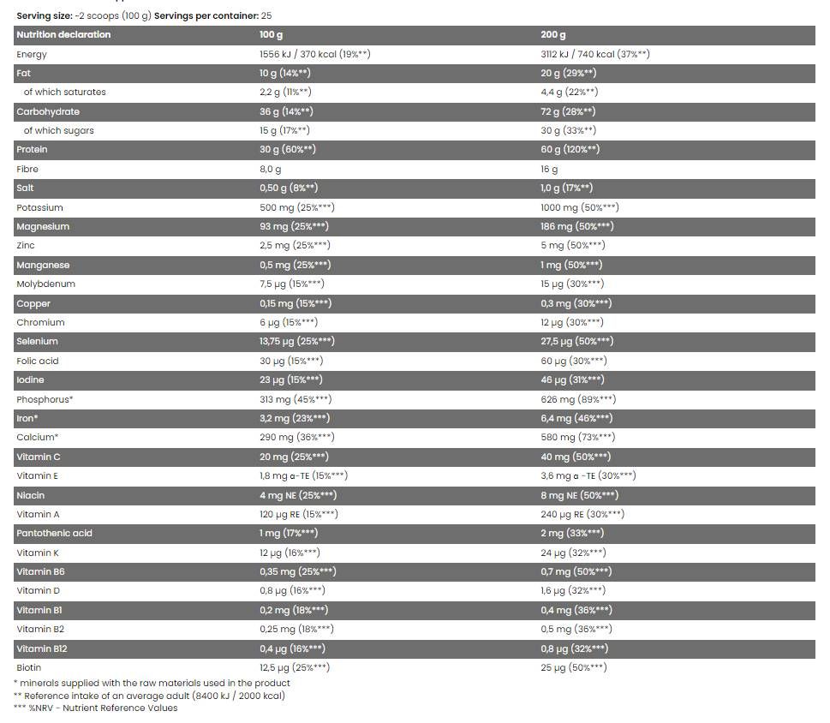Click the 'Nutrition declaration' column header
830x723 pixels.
pyautogui.click(x=63, y=35)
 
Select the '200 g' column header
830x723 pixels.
pyautogui.click(x=553, y=35)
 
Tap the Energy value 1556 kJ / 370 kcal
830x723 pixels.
pyautogui.click(x=314, y=54)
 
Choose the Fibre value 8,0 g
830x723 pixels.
pyautogui.click(x=270, y=170)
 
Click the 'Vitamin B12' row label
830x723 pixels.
pyautogui.click(x=41, y=648)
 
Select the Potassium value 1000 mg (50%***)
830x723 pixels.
pyautogui.click(x=580, y=207)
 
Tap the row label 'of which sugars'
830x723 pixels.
pyautogui.click(x=58, y=130)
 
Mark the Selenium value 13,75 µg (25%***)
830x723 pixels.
pyautogui.click(x=297, y=341)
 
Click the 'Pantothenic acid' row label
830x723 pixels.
pyautogui.click(x=54, y=533)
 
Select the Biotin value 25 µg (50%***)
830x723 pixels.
pyautogui.click(x=574, y=667)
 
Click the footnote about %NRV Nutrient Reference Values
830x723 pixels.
pyautogui.click(x=95, y=708)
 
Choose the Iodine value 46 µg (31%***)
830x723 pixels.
pyautogui.click(x=572, y=379)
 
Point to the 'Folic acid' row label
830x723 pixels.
pyautogui.click(x=38, y=361)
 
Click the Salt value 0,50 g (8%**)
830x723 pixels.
pyautogui.click(x=289, y=188)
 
